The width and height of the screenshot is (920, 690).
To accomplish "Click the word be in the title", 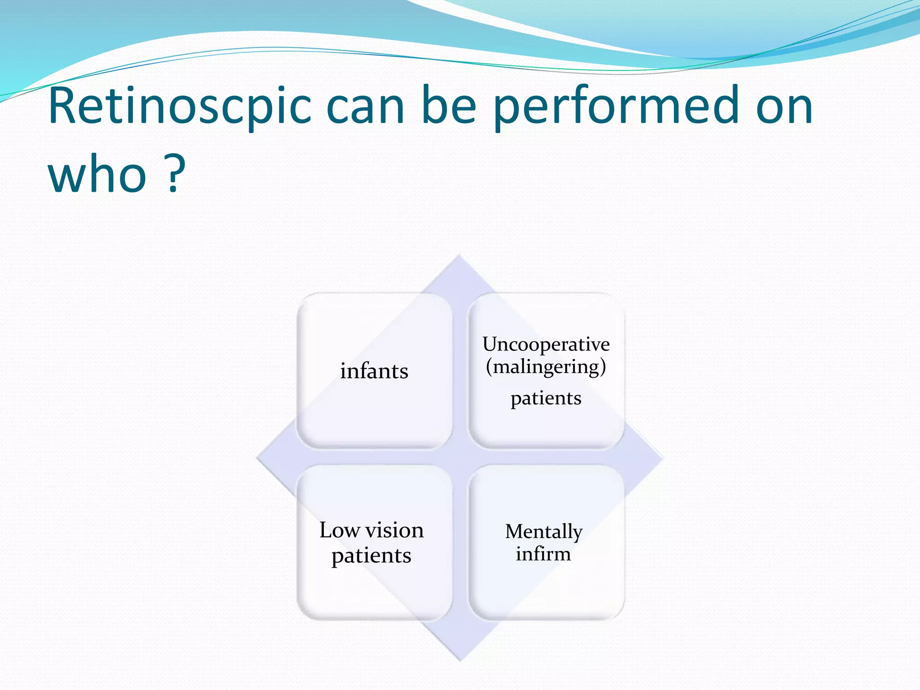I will (449, 106).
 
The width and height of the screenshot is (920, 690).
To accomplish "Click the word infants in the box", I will (374, 371).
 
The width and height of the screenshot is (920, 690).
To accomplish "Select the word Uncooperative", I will (546, 345).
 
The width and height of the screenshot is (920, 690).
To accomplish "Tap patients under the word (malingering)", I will (546, 398).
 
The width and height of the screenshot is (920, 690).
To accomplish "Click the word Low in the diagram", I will (340, 530).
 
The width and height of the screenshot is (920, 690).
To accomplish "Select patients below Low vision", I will (371, 556).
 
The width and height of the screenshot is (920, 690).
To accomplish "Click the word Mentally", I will (544, 531).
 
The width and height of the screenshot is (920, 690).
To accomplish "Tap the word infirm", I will (543, 554).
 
